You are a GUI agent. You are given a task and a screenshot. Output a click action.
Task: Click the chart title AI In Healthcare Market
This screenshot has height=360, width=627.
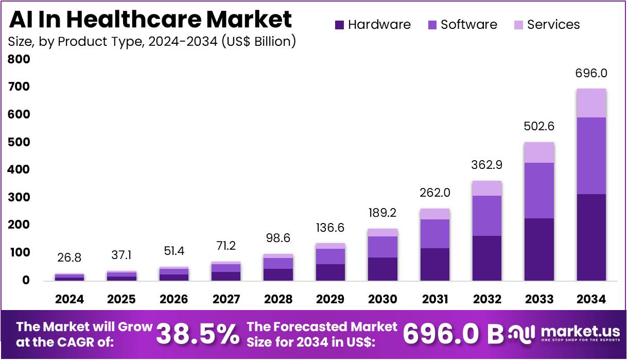click(150, 20)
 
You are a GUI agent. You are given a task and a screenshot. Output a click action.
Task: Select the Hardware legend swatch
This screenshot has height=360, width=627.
click(339, 25)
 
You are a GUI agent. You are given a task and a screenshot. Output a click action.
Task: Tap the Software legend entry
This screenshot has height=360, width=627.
click(462, 25)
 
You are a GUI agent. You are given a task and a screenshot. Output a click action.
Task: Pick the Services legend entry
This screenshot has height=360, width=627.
click(547, 25)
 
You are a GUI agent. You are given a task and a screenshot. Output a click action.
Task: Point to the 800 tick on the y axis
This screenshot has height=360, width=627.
click(19, 59)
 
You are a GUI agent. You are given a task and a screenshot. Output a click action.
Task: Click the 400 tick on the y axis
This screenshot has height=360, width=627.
click(19, 169)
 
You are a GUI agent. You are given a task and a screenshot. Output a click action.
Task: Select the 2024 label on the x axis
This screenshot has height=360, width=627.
click(69, 299)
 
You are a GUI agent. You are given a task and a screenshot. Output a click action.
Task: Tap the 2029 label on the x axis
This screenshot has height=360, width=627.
click(330, 299)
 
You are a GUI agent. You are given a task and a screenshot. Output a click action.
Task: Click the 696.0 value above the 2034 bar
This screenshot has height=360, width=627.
click(591, 73)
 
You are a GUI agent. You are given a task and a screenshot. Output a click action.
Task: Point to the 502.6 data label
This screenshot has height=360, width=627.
click(539, 127)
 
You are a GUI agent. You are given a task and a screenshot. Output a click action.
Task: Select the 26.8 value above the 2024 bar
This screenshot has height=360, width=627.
click(69, 258)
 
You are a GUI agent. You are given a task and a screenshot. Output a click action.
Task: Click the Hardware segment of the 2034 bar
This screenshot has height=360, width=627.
click(591, 237)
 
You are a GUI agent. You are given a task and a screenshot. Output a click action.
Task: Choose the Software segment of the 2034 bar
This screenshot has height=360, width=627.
click(591, 156)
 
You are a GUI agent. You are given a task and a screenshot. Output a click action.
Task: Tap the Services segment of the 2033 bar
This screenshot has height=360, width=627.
click(539, 152)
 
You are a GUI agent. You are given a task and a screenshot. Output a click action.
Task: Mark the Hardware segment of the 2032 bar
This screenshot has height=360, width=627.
click(486, 258)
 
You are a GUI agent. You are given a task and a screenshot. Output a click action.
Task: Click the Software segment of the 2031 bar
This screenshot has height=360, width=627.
click(434, 234)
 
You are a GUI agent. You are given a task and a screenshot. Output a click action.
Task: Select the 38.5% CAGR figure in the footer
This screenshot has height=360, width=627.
click(198, 334)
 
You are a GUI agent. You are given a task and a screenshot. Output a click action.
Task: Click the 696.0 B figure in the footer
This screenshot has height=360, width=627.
click(453, 334)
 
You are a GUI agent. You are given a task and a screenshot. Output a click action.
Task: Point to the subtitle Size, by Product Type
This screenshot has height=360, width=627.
click(152, 41)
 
